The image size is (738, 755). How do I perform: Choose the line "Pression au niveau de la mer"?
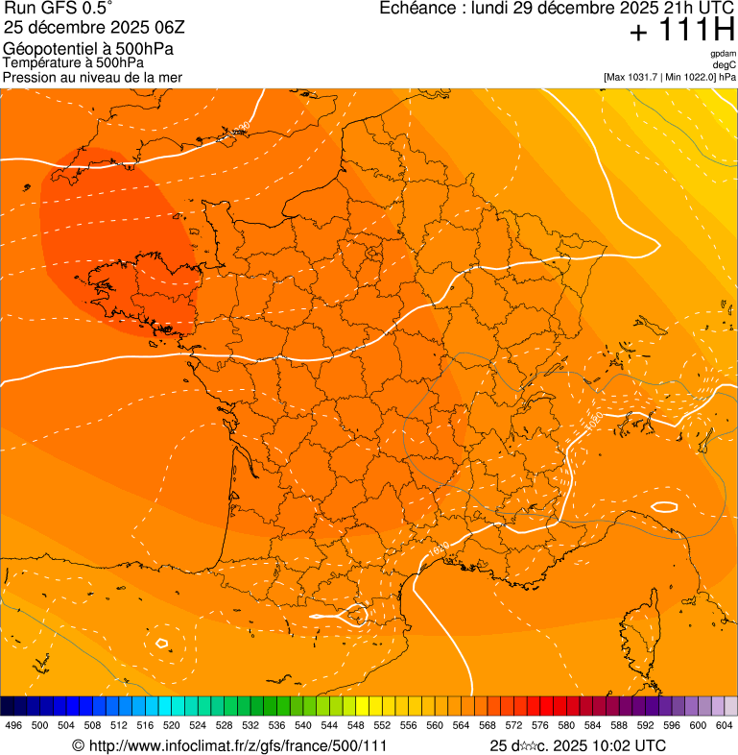[92, 77]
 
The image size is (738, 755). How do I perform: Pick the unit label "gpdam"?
[723, 54]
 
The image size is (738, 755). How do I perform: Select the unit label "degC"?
[725, 65]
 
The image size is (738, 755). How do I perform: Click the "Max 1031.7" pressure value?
[636, 77]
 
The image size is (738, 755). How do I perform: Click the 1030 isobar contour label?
[239, 128]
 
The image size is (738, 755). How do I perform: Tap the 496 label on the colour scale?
[13, 726]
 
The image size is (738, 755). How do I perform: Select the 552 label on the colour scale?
[382, 726]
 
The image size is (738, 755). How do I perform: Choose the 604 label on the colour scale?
[725, 726]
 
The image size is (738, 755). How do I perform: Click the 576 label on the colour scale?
[540, 726]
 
